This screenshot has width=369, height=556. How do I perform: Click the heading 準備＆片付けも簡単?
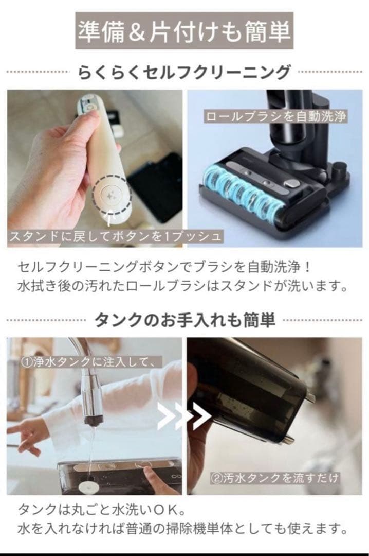(x=184, y=31)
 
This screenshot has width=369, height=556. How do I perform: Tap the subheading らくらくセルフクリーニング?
(x=184, y=72)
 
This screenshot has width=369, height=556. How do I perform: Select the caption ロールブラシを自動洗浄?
(x=276, y=116)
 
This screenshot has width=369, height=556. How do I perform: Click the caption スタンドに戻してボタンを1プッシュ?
(x=116, y=236)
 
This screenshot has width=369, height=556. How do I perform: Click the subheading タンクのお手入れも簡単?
(x=185, y=320)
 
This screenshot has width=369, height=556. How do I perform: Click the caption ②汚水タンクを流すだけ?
(x=275, y=478)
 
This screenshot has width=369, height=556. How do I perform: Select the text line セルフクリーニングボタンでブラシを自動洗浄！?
(x=165, y=267)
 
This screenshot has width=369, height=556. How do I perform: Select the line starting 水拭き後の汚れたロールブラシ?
(x=182, y=286)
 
